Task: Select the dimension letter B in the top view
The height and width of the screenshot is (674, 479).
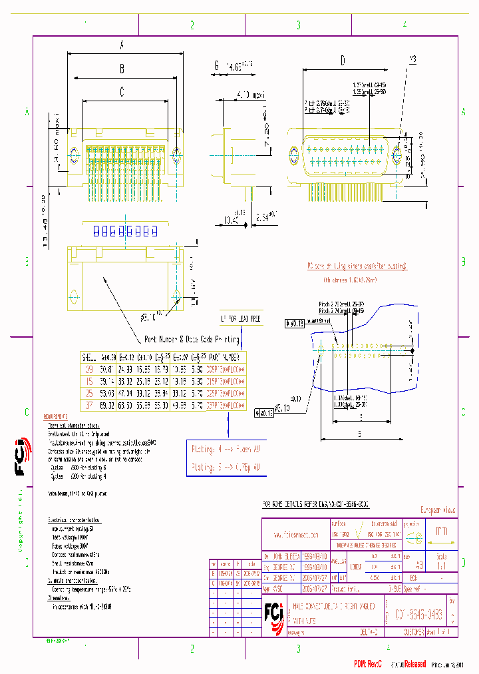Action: tap(122, 68)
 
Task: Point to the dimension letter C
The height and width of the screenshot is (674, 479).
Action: tap(122, 93)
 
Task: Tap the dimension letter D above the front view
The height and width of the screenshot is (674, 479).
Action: tap(343, 61)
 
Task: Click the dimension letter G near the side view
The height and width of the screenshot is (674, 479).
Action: tap(216, 66)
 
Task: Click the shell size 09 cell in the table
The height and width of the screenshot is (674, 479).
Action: tap(89, 368)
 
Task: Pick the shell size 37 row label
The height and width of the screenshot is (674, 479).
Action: tap(89, 404)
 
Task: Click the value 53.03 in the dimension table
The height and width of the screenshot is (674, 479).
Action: tap(106, 392)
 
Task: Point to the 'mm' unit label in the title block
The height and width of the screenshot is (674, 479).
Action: tap(441, 531)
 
